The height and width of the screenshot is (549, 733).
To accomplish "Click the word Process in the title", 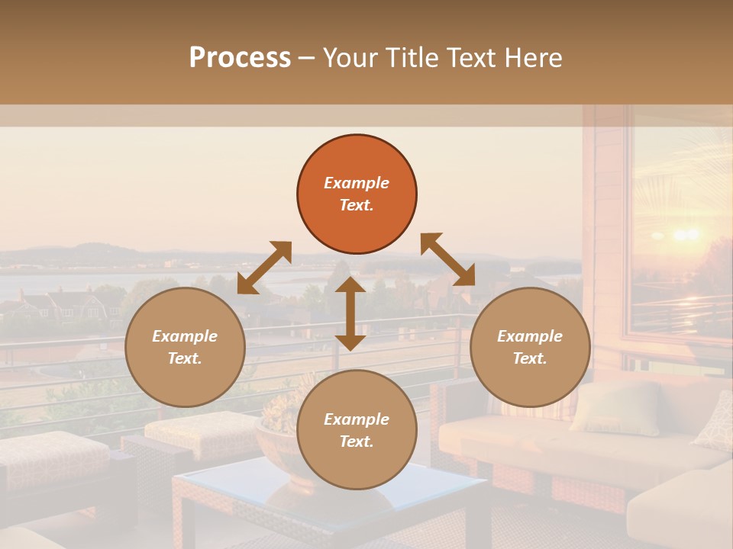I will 240,58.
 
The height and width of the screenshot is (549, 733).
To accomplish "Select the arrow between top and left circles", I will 264,268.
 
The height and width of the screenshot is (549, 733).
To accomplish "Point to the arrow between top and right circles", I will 448,259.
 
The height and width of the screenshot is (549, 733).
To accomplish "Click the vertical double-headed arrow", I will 350,313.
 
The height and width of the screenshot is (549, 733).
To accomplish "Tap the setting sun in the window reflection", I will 685,233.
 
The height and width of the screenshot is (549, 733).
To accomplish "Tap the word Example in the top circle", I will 357,183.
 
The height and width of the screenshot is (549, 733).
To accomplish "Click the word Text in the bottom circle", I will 355,442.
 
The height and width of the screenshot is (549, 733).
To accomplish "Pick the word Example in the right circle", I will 530,336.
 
